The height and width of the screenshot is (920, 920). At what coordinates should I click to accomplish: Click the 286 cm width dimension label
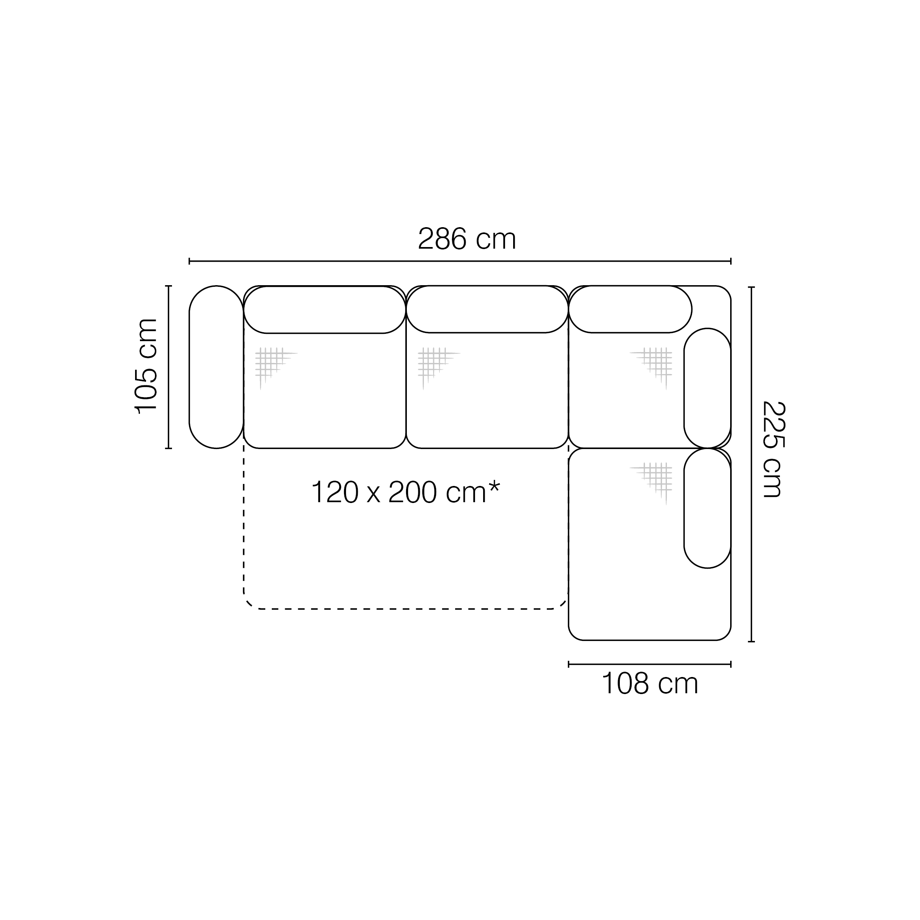point(466,239)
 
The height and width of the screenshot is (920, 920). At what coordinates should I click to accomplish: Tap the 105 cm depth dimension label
point(146,366)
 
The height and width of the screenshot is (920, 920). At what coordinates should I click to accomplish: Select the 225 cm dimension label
point(773,449)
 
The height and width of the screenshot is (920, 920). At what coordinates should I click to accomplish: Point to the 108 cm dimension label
point(649,684)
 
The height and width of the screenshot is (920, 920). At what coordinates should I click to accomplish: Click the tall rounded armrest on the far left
point(216,367)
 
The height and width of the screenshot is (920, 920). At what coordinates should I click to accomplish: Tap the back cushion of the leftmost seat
point(325,310)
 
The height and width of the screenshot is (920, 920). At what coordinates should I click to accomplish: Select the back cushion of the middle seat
point(487,309)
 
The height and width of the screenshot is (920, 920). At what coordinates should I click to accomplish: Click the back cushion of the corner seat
point(630,309)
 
